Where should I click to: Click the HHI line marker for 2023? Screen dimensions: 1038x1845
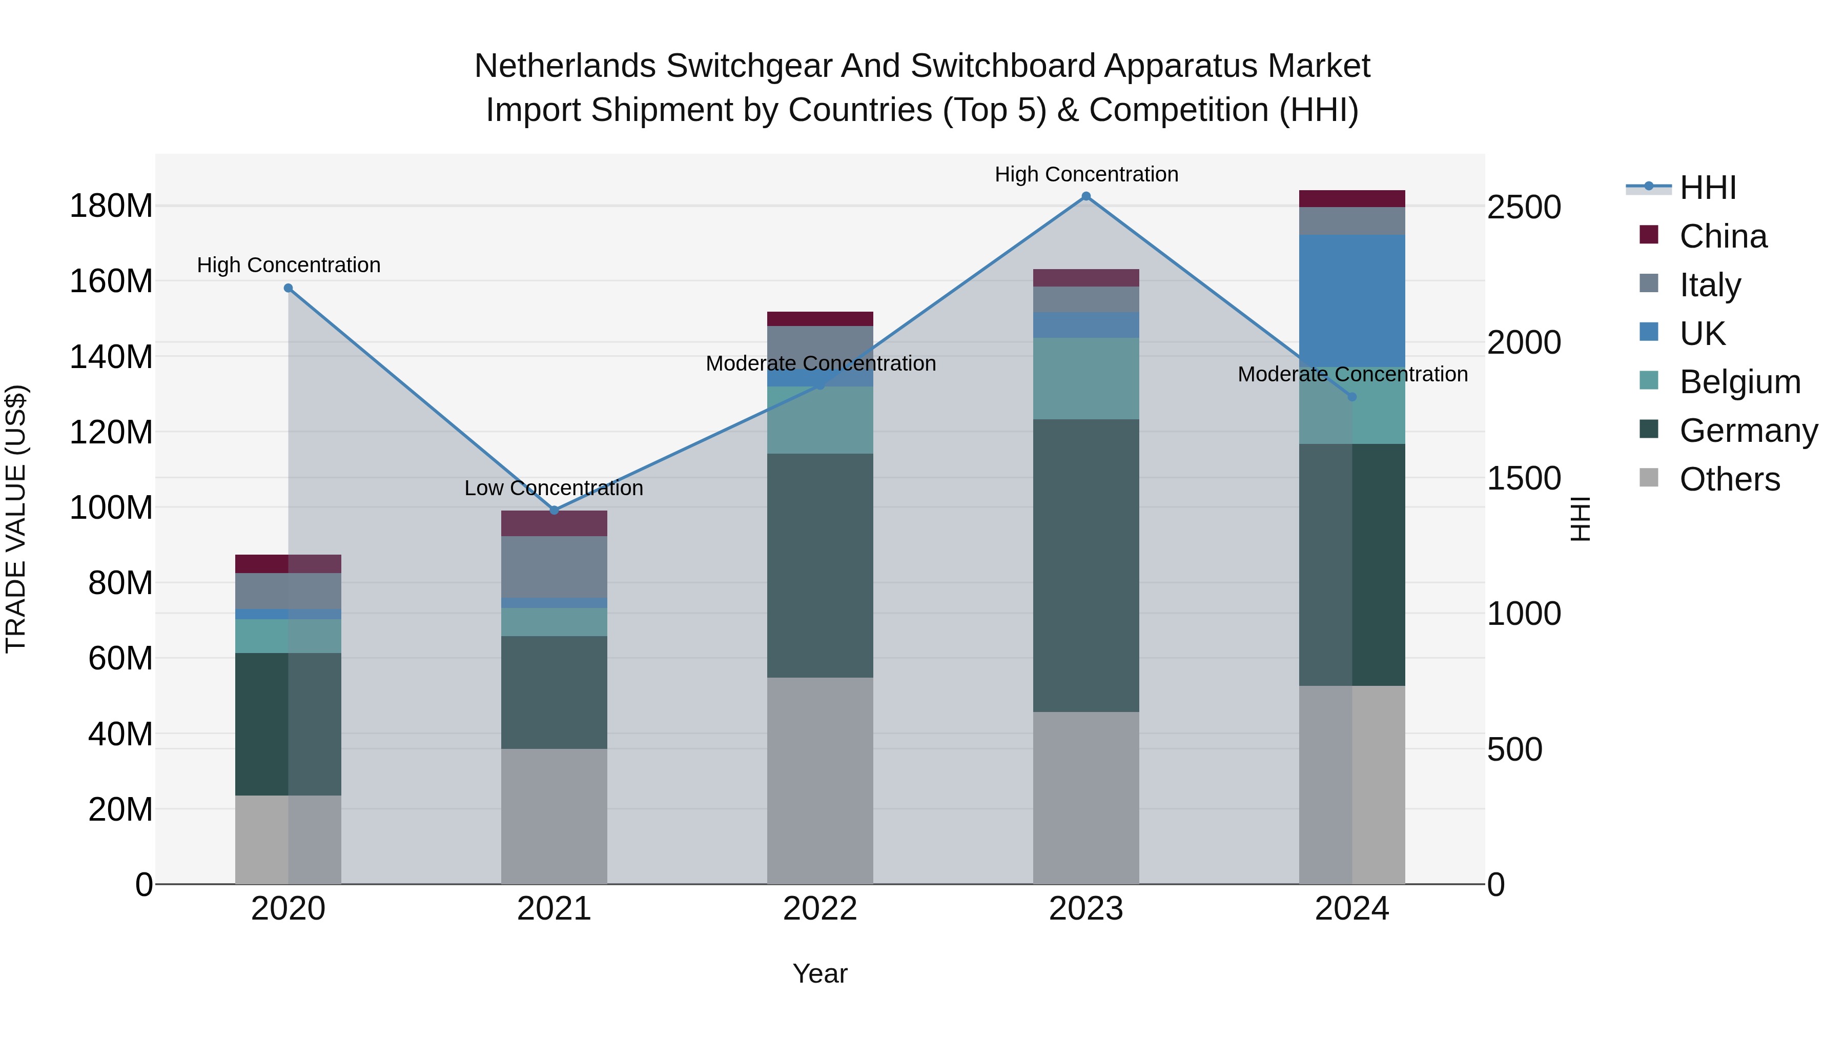[1086, 196]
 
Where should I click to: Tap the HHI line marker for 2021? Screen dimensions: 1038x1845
[553, 510]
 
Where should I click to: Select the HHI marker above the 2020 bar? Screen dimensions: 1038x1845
[288, 288]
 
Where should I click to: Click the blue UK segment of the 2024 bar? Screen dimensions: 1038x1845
[1351, 301]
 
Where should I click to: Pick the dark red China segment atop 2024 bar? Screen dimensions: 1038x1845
[1351, 198]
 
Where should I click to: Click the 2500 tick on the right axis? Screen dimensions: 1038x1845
[1524, 207]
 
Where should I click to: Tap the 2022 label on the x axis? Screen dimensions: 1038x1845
[819, 909]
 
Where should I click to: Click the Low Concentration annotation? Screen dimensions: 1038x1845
[553, 488]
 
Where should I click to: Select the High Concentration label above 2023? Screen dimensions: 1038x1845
[1086, 174]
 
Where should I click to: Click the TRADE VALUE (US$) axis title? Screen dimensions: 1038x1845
[16, 519]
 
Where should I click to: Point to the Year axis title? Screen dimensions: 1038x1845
[819, 973]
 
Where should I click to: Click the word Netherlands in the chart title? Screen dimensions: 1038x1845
[564, 66]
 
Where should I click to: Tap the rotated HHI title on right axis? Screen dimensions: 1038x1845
[1580, 519]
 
